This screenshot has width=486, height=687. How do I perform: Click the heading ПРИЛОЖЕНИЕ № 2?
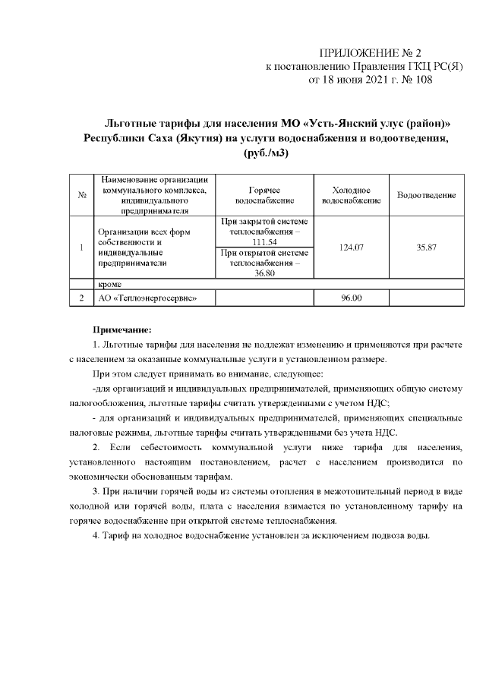371,53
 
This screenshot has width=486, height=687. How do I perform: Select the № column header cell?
80,195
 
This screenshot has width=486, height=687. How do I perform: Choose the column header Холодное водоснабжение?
351,195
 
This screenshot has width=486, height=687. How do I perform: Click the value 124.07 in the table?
351,247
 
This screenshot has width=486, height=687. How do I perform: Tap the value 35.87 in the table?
426,247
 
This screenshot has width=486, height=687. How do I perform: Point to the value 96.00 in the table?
351,298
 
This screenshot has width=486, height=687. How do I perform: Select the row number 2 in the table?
80,298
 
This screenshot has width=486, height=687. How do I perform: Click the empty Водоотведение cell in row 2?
426,298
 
